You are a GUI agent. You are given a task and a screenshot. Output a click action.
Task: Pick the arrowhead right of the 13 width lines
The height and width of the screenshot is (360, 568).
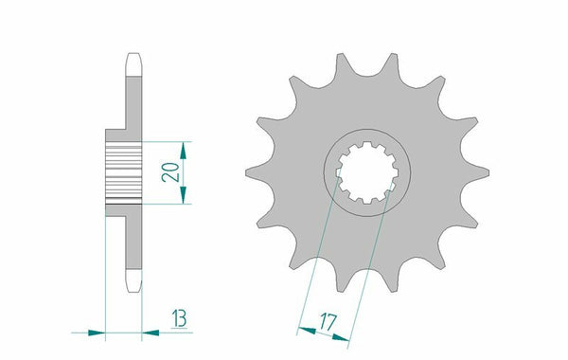(x=151, y=333)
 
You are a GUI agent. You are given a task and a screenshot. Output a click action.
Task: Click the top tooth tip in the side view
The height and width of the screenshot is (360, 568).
(x=133, y=55)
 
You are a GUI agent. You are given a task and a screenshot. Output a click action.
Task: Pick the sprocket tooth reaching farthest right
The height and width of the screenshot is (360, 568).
(x=487, y=171)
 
